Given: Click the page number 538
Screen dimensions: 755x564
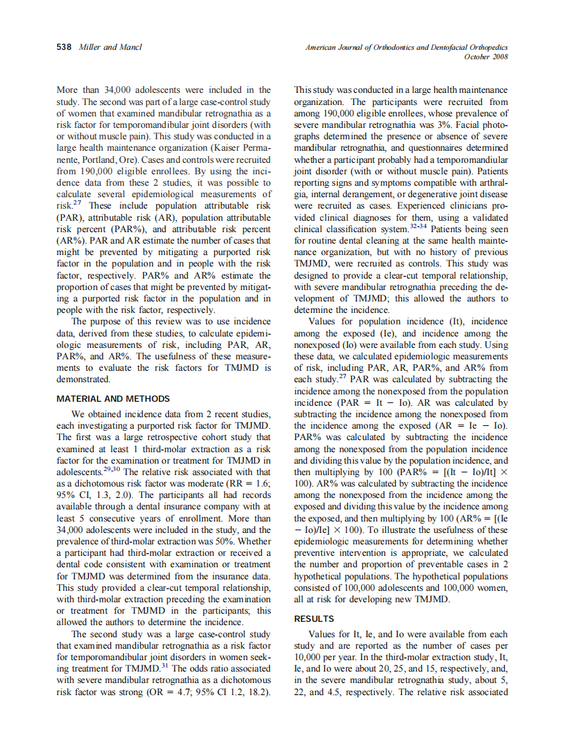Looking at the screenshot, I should click(x=64, y=48).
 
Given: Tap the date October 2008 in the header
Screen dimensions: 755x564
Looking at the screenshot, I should click(x=486, y=57).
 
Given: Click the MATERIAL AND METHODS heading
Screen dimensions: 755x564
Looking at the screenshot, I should click(x=113, y=398).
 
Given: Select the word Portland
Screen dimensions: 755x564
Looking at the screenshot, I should click(x=100, y=159).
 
